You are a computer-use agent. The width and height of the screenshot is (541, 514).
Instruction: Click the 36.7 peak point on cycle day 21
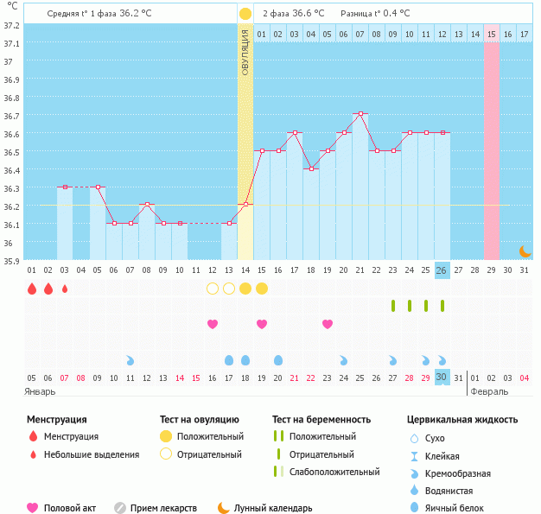point(360,113)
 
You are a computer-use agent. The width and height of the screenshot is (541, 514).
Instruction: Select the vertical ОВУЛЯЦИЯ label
point(245,52)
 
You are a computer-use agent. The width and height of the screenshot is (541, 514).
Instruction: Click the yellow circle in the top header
point(245,14)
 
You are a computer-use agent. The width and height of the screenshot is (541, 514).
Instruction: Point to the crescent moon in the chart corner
point(525,251)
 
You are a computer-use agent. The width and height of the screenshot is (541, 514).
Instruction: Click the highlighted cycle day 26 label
point(442,270)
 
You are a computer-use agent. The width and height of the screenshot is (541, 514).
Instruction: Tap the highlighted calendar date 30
point(442,378)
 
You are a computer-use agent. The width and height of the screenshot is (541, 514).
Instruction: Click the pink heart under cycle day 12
point(213,324)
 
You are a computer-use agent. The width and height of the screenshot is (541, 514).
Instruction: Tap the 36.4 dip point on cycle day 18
point(311,168)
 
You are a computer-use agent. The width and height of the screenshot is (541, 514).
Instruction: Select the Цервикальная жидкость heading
point(462,420)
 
